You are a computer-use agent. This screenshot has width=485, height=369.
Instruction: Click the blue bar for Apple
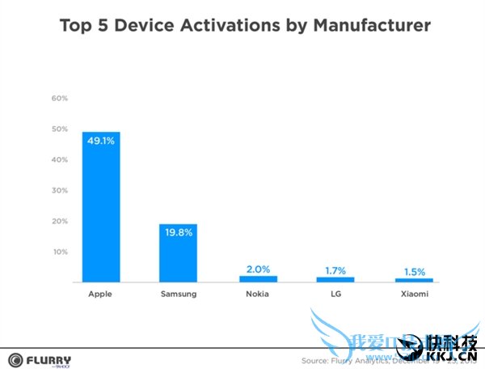[x=101, y=207]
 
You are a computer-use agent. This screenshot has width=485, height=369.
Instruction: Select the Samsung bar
[x=178, y=252]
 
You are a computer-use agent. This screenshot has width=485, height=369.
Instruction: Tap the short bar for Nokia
[x=257, y=279]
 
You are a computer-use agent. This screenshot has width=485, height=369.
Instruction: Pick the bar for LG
[x=335, y=279]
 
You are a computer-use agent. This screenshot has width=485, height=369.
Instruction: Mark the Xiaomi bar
[x=414, y=280]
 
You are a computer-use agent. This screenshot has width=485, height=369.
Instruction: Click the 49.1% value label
[x=101, y=140]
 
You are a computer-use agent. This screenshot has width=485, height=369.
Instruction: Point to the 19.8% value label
[x=178, y=233]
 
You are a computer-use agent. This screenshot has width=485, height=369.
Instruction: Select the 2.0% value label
[x=257, y=268]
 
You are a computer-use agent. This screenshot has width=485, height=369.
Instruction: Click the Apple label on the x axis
[x=101, y=295]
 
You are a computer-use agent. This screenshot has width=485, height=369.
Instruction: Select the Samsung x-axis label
[x=178, y=295]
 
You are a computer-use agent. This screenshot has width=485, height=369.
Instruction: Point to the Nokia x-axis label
[x=257, y=295]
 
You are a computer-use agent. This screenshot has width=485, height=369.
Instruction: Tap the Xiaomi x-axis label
[x=414, y=295]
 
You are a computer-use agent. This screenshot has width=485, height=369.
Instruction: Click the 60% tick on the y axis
[x=60, y=98]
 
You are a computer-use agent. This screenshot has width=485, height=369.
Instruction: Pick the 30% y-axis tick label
[x=60, y=190]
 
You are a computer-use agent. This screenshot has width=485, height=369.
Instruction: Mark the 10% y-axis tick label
[x=60, y=252]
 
